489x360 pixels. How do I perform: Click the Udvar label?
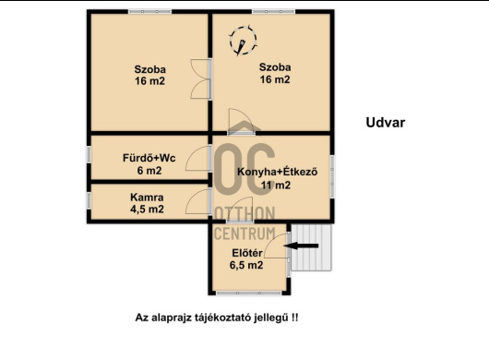[386, 123]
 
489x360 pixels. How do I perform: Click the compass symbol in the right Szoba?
[244, 41]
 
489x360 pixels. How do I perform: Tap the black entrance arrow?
[302, 246]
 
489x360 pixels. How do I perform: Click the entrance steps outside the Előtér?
[311, 247]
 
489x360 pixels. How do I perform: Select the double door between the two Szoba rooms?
[201, 79]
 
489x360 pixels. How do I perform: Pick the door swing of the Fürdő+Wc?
[198, 158]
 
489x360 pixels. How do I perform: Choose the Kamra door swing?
[198, 201]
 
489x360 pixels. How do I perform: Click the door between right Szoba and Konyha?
[241, 122]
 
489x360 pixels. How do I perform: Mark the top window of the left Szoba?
[150, 12]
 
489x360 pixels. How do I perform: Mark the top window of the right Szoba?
[273, 12]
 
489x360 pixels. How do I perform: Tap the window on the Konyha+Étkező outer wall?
[332, 176]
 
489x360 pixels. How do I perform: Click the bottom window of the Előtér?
[249, 294]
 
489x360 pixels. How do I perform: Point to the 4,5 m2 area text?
[147, 209]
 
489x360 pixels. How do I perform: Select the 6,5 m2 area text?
[246, 265]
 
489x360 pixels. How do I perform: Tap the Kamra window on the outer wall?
[89, 200]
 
